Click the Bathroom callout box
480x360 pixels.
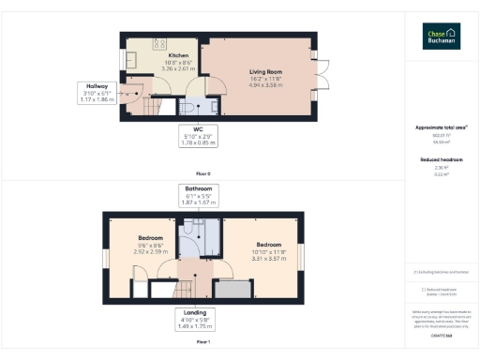pos(198,194)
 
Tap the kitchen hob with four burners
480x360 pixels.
pos(158,42)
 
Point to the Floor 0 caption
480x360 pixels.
pos(202,173)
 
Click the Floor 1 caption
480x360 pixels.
pos(202,342)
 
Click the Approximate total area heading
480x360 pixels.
pos(441,127)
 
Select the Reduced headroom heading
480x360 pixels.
pos(441,159)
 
